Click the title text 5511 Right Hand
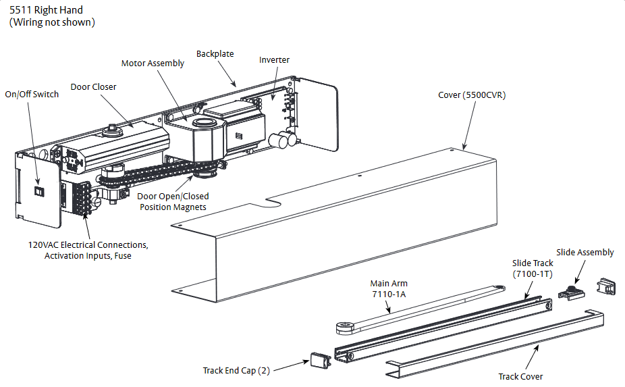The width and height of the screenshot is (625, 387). click(46, 10)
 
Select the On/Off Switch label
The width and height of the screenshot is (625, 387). click(32, 94)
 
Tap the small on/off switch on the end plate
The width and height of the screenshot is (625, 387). click(39, 192)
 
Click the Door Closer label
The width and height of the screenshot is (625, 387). click(93, 86)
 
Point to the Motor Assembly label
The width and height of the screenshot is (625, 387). click(153, 63)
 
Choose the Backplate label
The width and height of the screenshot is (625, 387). click(215, 53)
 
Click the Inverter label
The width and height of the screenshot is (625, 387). click(274, 59)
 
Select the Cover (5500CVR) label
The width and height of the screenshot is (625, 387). click(472, 95)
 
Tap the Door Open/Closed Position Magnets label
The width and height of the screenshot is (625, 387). click(173, 201)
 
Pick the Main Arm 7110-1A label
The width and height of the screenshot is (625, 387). click(389, 288)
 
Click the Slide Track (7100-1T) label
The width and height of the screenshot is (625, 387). click(532, 267)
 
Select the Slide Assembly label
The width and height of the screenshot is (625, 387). click(585, 252)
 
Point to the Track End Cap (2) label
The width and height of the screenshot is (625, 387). click(239, 370)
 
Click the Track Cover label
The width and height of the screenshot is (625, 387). click(520, 376)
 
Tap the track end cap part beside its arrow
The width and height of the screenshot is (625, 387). click(319, 360)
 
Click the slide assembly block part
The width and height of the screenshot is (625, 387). click(571, 292)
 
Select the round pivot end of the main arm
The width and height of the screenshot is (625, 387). click(345, 328)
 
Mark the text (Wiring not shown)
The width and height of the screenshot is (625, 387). click(52, 22)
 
